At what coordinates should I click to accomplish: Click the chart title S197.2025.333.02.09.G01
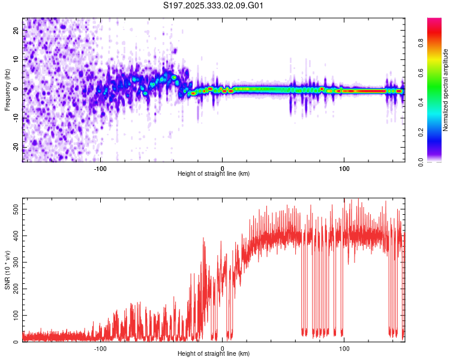click(x=214, y=6)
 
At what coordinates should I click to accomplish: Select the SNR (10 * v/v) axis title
click(x=7, y=272)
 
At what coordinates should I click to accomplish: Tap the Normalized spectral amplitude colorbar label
click(x=446, y=90)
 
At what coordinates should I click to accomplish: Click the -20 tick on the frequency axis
click(x=14, y=147)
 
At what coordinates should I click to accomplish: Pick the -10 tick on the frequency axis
click(x=14, y=118)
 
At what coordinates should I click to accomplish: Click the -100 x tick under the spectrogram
click(x=100, y=168)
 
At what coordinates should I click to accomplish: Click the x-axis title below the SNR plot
click(x=214, y=355)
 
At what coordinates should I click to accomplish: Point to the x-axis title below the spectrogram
click(x=214, y=175)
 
